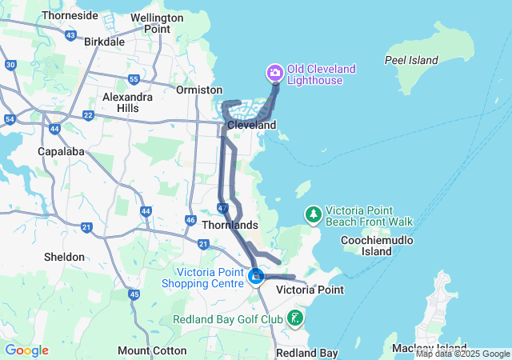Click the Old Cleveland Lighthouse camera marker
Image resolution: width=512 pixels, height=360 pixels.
point(275,74)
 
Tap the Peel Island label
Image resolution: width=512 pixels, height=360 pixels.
point(411,60)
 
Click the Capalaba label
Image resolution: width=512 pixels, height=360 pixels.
point(61,151)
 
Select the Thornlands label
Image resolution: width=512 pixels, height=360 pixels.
point(230,225)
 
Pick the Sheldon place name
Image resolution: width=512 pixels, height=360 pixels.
point(66,257)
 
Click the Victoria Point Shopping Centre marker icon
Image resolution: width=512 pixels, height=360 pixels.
point(256,277)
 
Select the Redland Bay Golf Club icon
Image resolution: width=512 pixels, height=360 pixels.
point(296,318)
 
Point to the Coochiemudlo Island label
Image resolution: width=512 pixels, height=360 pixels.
point(376,246)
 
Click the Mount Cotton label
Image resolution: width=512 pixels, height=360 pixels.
point(146,350)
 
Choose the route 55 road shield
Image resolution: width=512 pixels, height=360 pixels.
point(134,79)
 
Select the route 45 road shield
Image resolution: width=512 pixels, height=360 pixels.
point(134,294)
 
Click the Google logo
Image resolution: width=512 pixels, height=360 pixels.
point(26,350)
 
